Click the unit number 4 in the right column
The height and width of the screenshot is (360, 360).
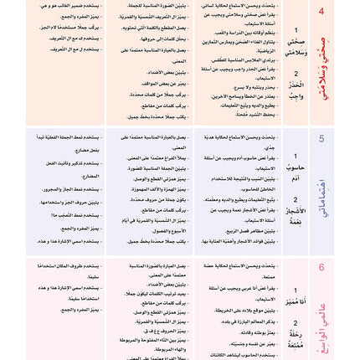tap(343, 12)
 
